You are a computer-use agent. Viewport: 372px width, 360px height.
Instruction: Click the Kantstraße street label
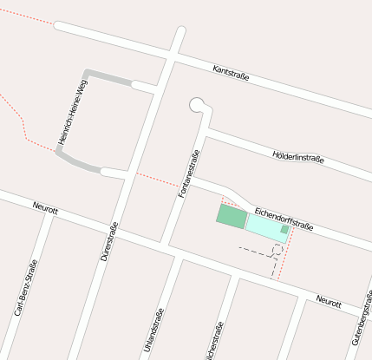point(231,75)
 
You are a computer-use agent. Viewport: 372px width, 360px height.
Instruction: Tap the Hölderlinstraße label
point(297,157)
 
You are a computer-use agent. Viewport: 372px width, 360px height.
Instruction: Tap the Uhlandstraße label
point(153,325)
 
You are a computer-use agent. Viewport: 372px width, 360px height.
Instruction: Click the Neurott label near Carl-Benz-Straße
point(44,208)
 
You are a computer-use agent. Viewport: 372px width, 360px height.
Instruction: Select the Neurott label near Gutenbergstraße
point(329,301)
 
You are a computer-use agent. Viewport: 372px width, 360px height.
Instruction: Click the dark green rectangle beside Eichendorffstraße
point(232,216)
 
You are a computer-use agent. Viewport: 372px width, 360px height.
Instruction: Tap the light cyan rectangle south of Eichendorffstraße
point(264,227)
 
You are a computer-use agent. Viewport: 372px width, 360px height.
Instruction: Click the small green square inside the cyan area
point(284,230)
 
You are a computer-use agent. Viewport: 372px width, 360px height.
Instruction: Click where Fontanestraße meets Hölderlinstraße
point(206,133)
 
